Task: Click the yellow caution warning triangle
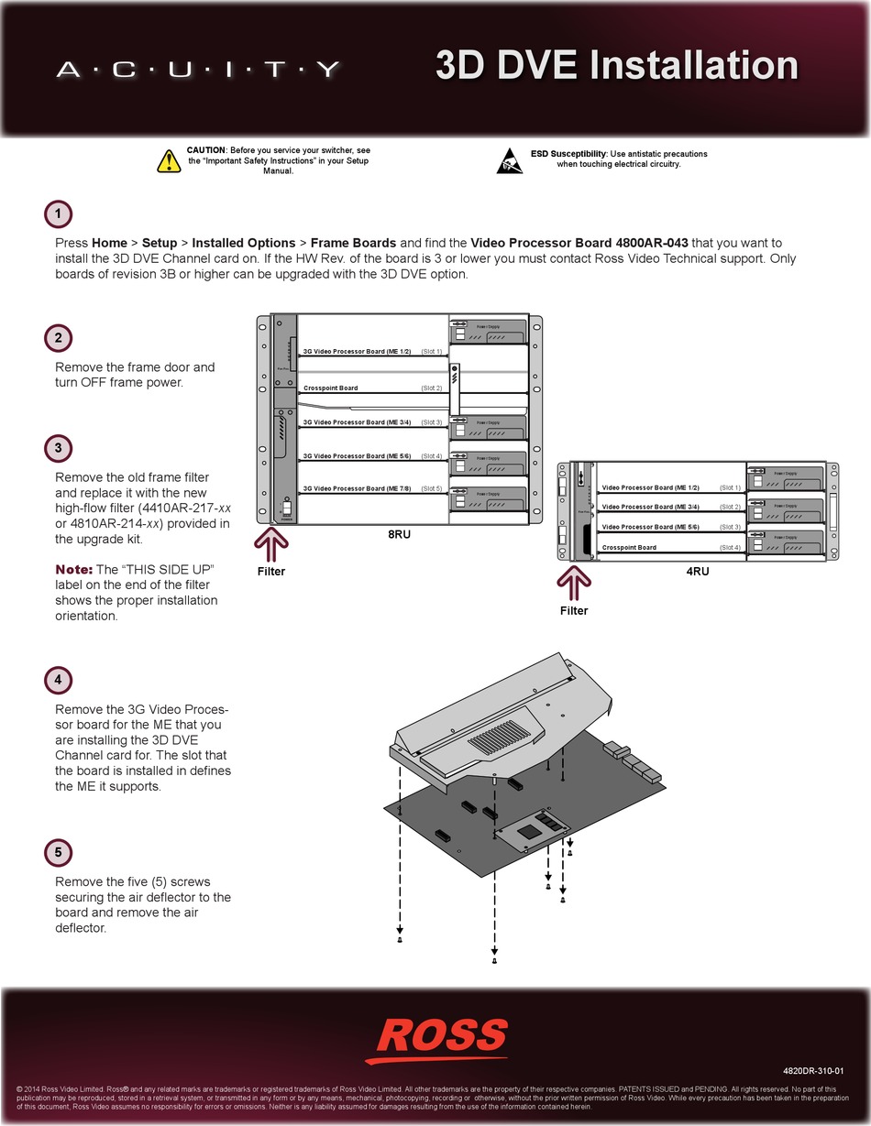[169, 161]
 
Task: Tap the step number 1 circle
[58, 214]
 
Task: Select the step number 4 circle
[58, 681]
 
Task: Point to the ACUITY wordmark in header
[198, 70]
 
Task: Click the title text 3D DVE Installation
[616, 66]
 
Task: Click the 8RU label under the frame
[399, 533]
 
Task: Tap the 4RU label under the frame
[698, 571]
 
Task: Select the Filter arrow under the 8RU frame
[270, 545]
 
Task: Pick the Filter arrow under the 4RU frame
[574, 585]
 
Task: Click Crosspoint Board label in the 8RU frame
[330, 388]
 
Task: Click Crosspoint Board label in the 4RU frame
[628, 548]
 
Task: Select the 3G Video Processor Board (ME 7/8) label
[357, 489]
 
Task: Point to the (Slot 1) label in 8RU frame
[431, 352]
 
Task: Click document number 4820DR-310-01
[813, 1070]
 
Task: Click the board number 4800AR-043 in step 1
[650, 243]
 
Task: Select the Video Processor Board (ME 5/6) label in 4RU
[650, 528]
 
